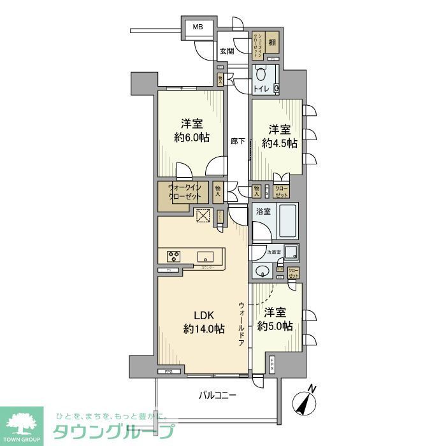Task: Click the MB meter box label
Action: coord(198,27)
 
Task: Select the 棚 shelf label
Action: coord(272,43)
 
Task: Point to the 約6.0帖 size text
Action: coord(191,139)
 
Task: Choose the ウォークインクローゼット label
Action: coord(185,192)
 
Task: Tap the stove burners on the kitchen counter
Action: coord(174,257)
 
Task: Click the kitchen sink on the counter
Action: coord(205,257)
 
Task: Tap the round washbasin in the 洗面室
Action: coord(262,273)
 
